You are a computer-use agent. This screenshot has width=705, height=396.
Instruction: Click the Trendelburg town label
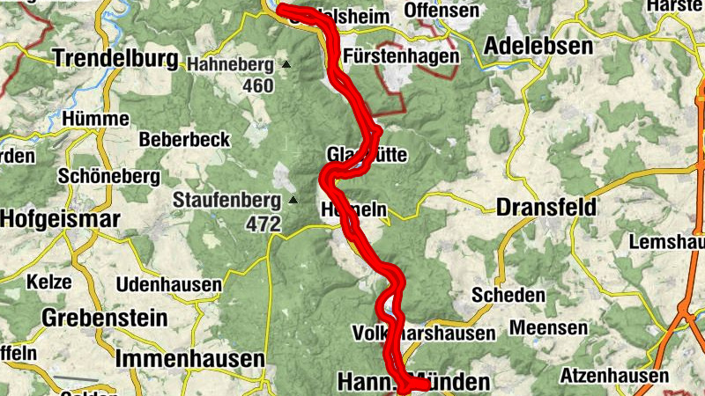pyautogui.click(x=115, y=59)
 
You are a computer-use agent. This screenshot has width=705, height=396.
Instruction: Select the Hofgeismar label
pyautogui.click(x=60, y=218)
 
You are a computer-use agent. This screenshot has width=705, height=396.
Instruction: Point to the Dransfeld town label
pyautogui.click(x=546, y=208)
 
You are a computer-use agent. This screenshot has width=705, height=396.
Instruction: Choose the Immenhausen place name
pyautogui.click(x=189, y=359)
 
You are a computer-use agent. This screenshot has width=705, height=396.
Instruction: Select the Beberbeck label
pyautogui.click(x=184, y=139)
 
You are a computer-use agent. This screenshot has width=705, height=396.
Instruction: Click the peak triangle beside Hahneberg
pyautogui.click(x=286, y=64)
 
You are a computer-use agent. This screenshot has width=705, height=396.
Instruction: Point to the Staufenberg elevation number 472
pyautogui.click(x=263, y=224)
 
